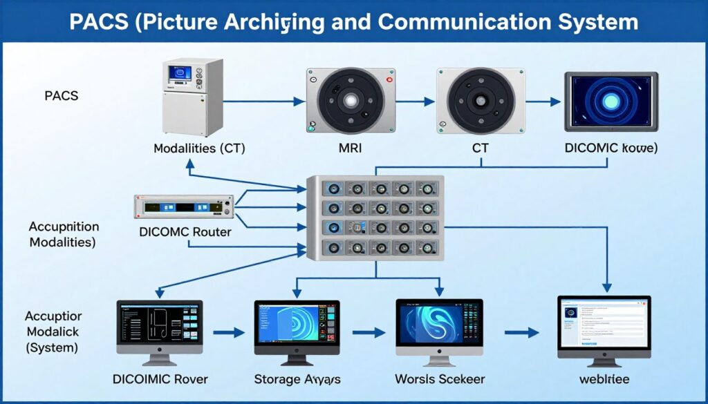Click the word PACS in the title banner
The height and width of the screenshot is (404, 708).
(100, 21)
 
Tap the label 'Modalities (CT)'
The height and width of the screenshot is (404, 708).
(199, 148)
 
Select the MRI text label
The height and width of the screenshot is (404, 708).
(351, 148)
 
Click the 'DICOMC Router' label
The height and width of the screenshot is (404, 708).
(185, 232)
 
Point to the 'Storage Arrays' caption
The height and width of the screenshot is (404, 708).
(297, 378)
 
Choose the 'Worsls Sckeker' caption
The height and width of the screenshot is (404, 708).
(440, 378)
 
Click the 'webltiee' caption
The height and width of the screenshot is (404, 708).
(604, 378)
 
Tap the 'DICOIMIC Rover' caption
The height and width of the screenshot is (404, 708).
(160, 378)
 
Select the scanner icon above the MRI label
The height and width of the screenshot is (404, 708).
(351, 101)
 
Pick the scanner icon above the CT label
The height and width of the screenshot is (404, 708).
(481, 101)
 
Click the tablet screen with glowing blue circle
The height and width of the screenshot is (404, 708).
(611, 101)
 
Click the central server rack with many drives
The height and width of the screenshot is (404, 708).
(375, 218)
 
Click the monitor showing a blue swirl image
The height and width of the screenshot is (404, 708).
(439, 328)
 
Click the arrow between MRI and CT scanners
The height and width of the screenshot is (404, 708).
(416, 102)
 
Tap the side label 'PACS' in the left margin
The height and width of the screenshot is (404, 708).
(61, 96)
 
